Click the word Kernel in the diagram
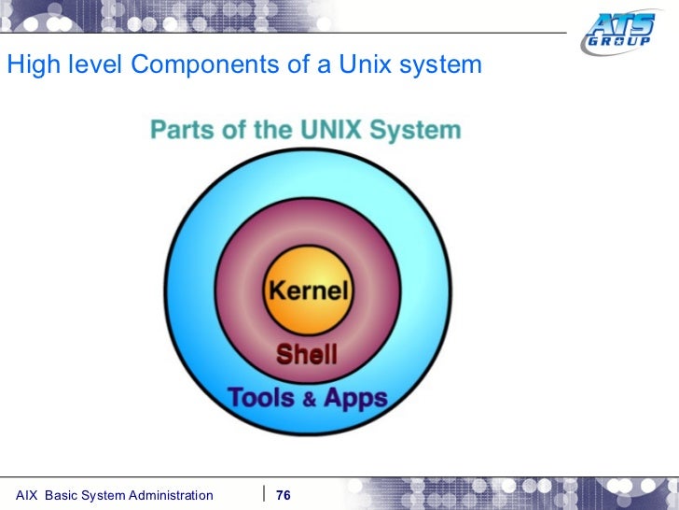coord(307,289)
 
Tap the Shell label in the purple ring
coord(306,354)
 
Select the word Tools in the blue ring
coord(261,397)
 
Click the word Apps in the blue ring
coord(355,397)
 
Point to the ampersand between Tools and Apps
coord(308,399)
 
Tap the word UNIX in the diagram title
coord(329,130)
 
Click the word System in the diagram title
coord(413,130)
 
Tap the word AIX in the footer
coord(27,494)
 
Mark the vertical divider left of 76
coord(265,493)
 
